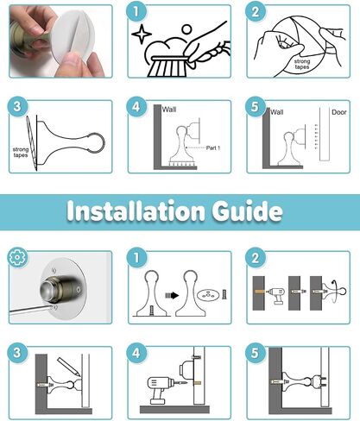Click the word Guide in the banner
(247, 211)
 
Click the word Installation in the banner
(136, 211)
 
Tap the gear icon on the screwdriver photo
(17, 257)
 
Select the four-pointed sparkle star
(142, 34)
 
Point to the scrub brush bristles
(167, 68)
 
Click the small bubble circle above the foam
(186, 29)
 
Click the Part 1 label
(213, 148)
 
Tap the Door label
(339, 112)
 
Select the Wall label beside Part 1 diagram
(169, 110)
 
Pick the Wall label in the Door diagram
(277, 112)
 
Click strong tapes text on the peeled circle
(302, 64)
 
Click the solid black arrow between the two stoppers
(172, 295)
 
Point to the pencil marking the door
(68, 366)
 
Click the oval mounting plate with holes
(208, 295)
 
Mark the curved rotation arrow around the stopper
(335, 291)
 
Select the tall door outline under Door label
(325, 134)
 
